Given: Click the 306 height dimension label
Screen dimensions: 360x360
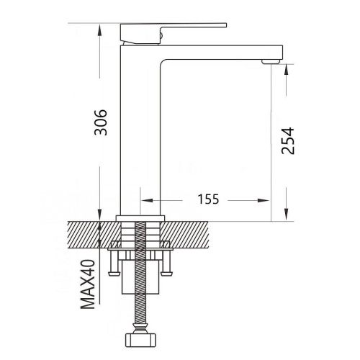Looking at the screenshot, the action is point(101,122).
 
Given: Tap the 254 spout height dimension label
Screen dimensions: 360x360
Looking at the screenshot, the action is point(287,141).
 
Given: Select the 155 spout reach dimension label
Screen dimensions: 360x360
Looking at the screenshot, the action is point(208,199).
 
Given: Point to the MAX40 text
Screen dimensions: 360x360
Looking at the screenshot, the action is point(88,284).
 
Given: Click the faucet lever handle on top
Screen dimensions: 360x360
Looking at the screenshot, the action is point(174,34).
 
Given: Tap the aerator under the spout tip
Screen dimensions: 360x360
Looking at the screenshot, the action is point(271,61).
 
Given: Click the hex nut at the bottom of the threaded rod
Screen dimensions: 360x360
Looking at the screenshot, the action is point(141,340).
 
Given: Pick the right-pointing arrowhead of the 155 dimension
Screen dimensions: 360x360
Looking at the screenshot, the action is point(264,200).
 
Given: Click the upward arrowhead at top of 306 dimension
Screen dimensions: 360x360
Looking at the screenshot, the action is point(100,30).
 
